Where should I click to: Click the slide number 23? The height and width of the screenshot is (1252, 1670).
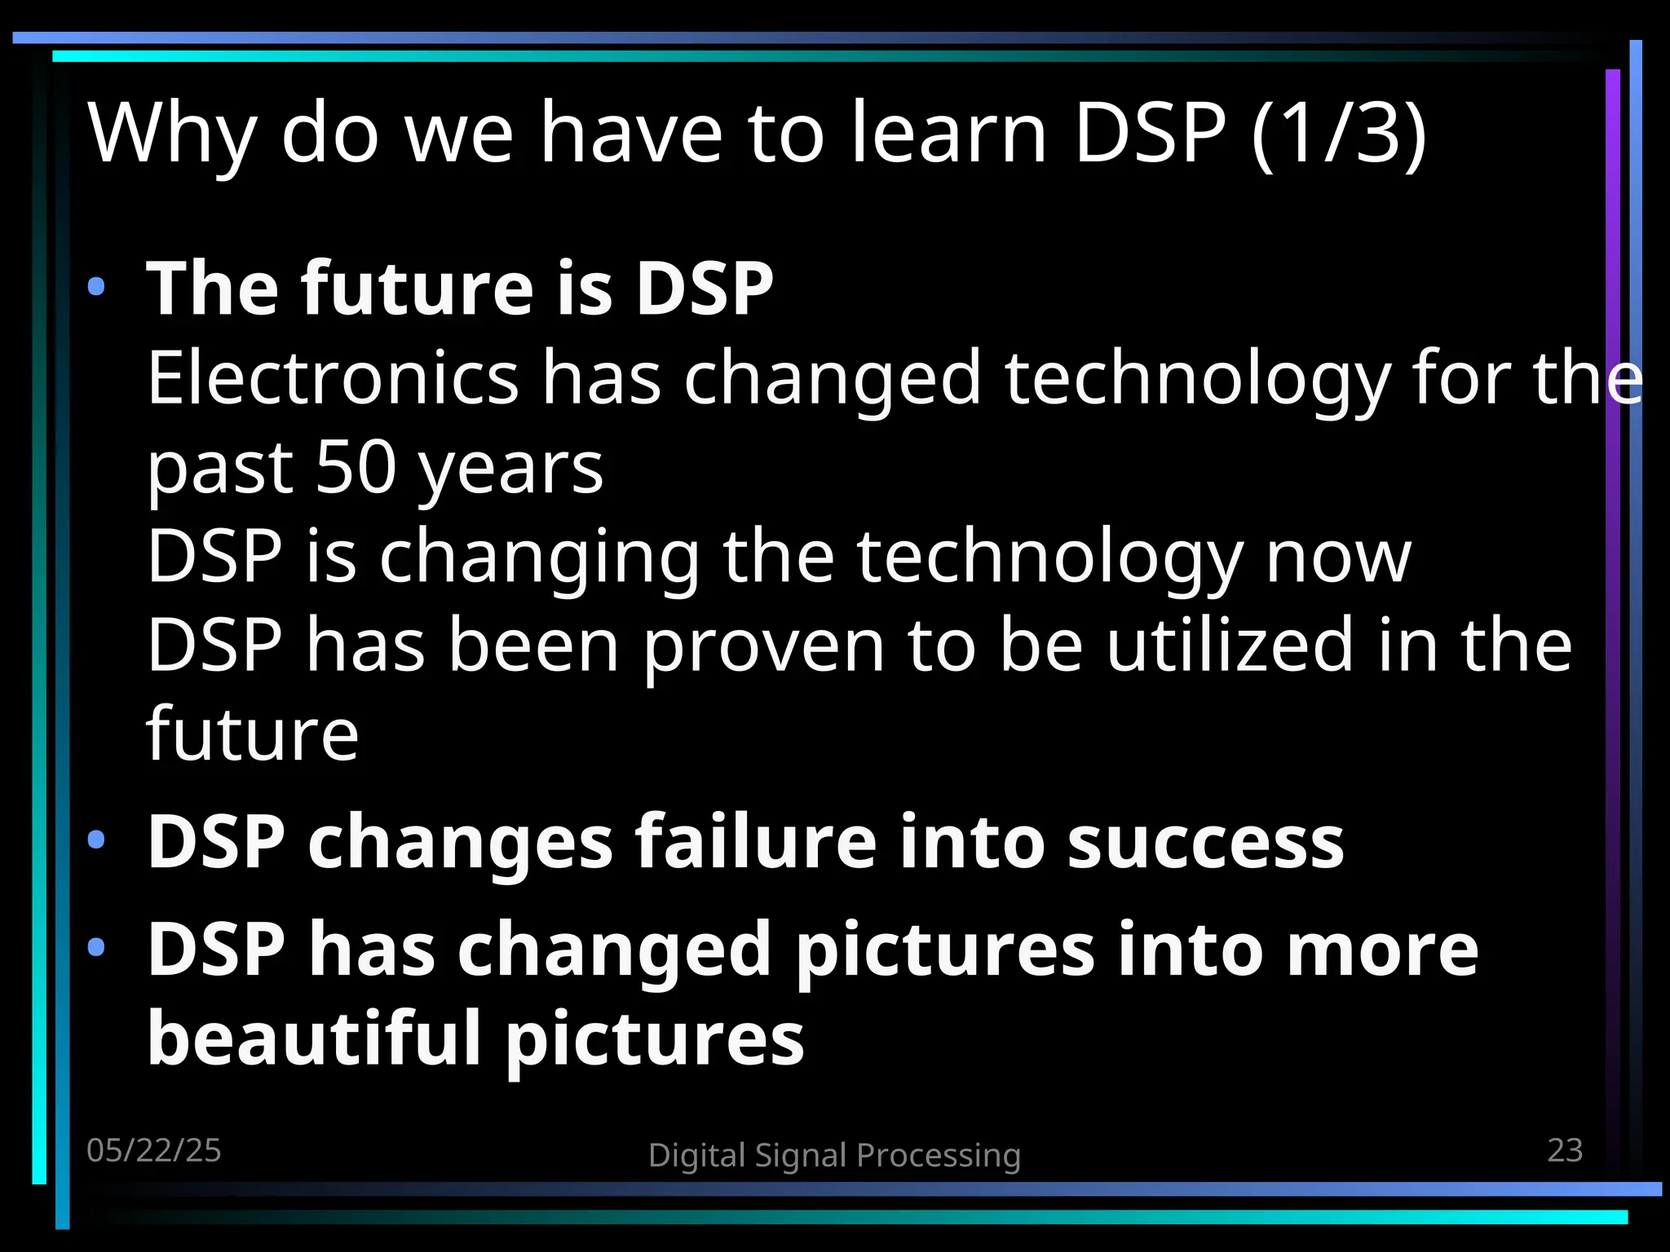coord(1565,1150)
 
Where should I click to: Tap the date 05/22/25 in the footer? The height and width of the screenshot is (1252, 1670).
coord(154,1150)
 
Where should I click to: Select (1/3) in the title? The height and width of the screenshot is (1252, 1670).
coord(1339,132)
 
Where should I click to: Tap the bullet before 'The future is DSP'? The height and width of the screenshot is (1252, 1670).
coord(96,286)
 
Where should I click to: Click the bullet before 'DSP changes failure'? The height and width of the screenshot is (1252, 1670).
coord(96,840)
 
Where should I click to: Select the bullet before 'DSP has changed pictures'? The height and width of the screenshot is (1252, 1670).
coord(96,946)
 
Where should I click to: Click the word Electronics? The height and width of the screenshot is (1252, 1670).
coord(333,377)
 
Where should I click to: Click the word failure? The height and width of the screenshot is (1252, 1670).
coord(757,841)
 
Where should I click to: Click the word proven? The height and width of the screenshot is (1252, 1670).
coord(763,646)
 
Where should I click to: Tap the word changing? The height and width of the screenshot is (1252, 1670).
coord(539,558)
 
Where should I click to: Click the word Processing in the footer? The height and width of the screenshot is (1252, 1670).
coord(939,1156)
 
